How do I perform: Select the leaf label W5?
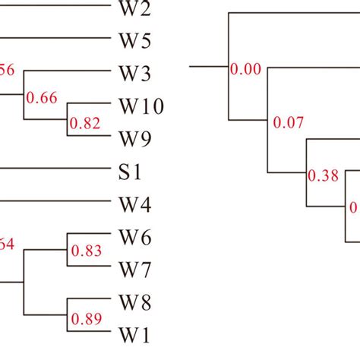point(134,40)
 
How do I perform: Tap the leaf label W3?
point(134,73)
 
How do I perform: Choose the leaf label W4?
point(134,204)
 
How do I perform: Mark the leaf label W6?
point(134,238)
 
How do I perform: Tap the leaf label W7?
point(134,269)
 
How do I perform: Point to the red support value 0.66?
point(42,97)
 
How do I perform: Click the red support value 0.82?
point(85,122)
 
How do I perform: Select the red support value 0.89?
point(85,320)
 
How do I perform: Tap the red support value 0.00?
point(245,70)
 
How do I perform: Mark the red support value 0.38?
point(322,176)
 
